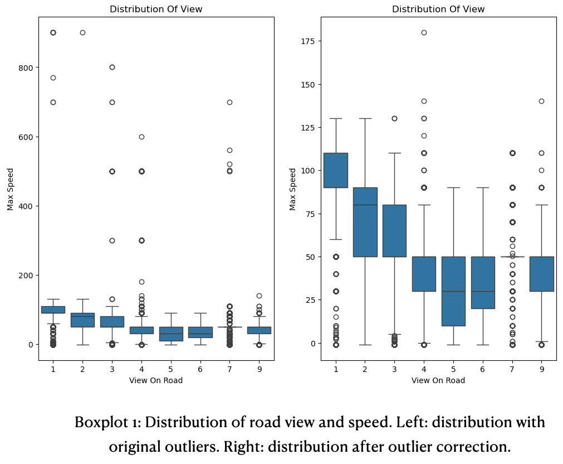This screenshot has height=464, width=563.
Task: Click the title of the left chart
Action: point(156,9)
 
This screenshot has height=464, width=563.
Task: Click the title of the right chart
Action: point(438,9)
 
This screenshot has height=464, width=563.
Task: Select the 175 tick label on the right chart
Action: point(307,41)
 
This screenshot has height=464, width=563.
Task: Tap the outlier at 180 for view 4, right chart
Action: point(424,32)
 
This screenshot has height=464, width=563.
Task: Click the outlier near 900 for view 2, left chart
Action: point(82,32)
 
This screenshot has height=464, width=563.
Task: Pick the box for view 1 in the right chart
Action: point(336,170)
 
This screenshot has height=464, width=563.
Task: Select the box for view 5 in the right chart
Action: point(453,291)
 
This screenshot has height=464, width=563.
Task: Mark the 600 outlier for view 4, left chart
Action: point(141,137)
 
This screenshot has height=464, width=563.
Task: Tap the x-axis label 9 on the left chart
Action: point(259,369)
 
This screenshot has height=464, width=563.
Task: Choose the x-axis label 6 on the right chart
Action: point(483,369)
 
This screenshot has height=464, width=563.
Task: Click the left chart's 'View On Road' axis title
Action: point(156,380)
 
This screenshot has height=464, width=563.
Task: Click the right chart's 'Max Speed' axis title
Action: point(293,189)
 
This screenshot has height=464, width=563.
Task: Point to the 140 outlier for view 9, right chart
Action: point(541,101)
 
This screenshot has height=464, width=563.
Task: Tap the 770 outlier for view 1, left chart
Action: point(53,78)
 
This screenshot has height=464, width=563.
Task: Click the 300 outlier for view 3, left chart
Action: point(112,240)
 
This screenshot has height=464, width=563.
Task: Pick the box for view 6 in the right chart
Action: point(483,282)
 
